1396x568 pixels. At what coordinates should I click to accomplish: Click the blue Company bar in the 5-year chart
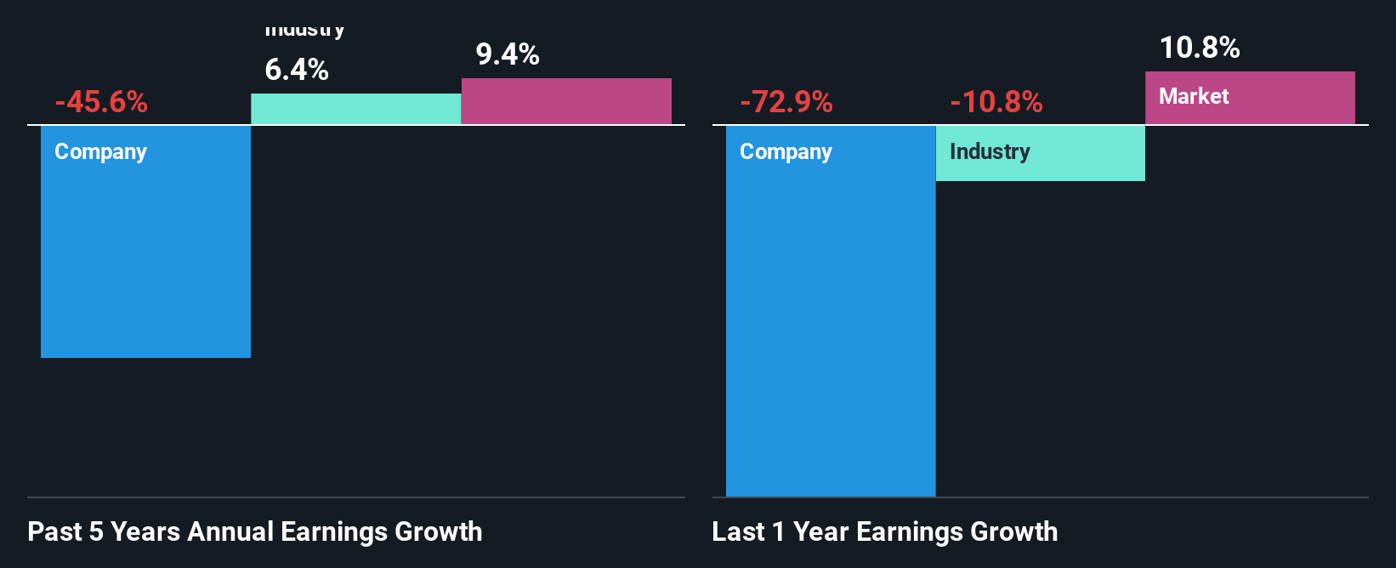145,255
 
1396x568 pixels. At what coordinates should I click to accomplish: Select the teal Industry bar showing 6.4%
355,109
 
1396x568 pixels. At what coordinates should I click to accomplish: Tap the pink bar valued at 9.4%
566,101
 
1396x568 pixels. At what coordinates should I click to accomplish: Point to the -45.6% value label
101,102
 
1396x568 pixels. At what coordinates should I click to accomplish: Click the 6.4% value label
297,70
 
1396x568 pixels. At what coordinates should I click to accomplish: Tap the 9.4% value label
508,54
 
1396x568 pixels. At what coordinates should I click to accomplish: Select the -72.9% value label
786,102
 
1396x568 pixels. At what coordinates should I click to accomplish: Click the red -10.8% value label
996,102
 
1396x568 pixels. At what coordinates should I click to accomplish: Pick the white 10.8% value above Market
1200,48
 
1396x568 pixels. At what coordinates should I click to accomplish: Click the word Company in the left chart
100,151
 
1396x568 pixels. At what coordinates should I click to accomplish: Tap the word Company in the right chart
786,151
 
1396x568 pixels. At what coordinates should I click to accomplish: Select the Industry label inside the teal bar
990,151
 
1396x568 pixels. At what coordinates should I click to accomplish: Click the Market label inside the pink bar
1194,96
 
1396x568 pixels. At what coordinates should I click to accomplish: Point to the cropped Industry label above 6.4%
304,31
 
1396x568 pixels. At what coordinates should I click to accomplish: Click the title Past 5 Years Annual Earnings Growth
255,531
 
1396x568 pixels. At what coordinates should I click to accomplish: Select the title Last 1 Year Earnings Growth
885,531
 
